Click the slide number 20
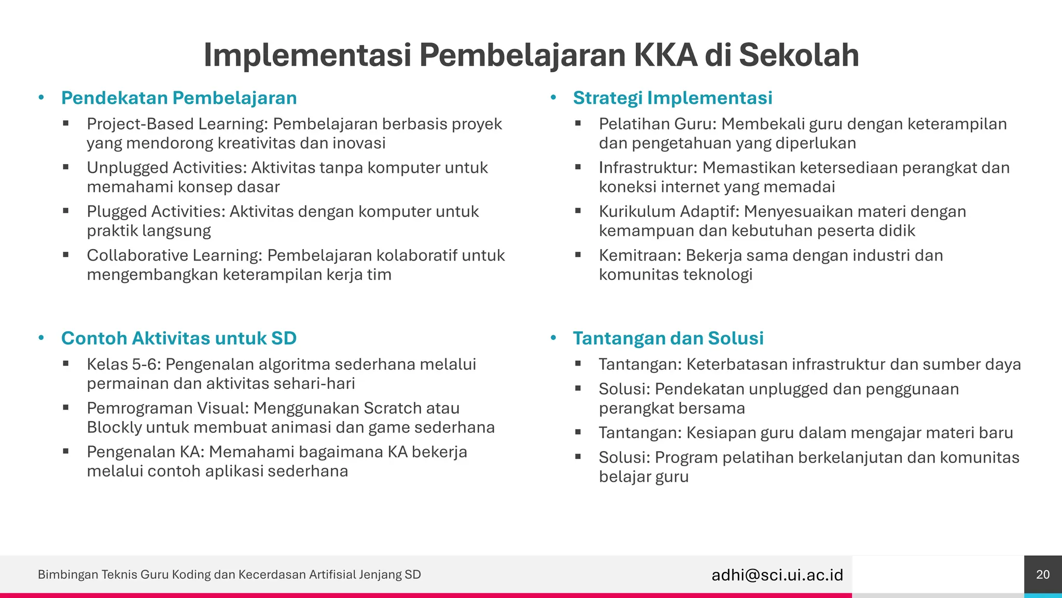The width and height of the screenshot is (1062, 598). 1043,575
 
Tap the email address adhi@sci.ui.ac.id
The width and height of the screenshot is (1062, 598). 777,575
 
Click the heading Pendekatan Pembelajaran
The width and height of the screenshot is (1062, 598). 179,98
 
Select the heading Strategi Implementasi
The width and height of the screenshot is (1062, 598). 673,98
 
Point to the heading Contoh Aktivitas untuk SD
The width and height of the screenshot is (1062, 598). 179,338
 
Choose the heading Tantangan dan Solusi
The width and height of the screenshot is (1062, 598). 668,338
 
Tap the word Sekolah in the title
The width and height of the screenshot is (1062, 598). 799,55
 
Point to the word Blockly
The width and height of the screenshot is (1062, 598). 114,427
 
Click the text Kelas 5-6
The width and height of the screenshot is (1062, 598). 123,364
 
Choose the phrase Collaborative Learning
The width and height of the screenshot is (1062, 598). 174,255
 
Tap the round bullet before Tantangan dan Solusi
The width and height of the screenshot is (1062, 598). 553,338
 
